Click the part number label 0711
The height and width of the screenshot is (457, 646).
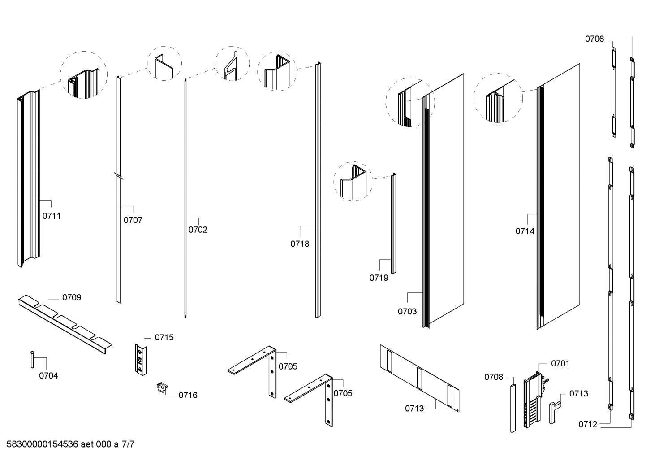click(52, 216)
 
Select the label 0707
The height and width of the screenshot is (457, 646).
click(133, 220)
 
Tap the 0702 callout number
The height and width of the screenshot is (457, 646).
click(198, 230)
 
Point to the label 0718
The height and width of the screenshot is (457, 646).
click(300, 244)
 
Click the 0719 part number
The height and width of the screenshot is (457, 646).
click(379, 278)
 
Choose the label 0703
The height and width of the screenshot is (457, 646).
click(407, 312)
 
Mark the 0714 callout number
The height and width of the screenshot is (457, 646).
click(525, 231)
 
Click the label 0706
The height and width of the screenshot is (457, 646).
click(594, 39)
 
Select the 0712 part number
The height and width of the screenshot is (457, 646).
click(588, 424)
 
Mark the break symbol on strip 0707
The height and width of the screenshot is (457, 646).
click(119, 176)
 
